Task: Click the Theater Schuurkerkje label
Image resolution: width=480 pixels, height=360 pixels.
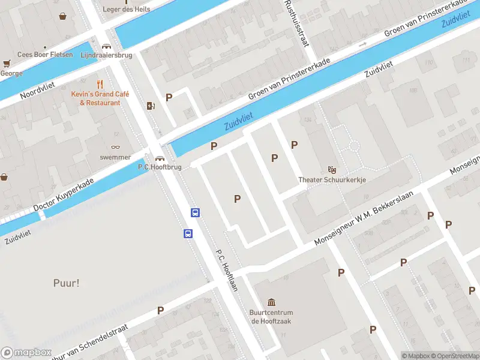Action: (332, 179)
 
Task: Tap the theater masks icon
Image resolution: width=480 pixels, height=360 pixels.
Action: (332, 170)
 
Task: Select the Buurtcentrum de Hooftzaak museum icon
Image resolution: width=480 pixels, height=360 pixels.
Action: (271, 302)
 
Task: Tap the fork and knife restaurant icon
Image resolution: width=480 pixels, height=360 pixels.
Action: (100, 85)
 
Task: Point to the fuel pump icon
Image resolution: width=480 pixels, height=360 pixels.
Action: (151, 106)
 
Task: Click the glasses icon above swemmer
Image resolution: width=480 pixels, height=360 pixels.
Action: (116, 147)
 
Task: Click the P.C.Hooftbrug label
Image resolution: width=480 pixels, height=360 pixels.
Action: (160, 167)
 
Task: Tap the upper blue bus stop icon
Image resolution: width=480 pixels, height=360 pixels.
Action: (196, 212)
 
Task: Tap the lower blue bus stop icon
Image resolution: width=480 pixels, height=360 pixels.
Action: (188, 233)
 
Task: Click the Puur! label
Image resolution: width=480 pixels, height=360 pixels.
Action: (66, 283)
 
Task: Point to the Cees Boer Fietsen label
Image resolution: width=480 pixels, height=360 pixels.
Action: (45, 55)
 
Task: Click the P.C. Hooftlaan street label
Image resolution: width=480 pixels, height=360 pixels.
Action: (227, 270)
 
